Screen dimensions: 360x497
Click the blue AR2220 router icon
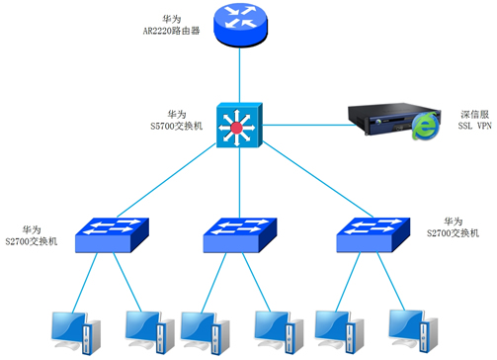coord(238,27)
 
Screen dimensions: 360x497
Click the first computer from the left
coord(75,332)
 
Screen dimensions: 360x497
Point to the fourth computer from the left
coord(275,332)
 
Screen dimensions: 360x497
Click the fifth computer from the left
coord(337,332)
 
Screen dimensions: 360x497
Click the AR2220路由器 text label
coord(170,25)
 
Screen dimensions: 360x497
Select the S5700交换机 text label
coord(178,121)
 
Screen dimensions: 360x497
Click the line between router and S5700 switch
coord(238,74)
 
